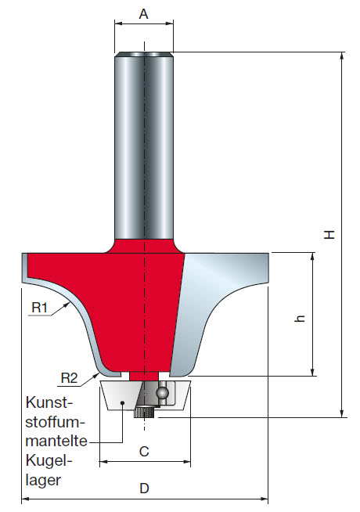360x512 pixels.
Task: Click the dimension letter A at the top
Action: pyautogui.click(x=144, y=13)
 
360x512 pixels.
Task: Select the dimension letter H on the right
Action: pyautogui.click(x=330, y=233)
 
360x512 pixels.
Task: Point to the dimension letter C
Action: pyautogui.click(x=144, y=451)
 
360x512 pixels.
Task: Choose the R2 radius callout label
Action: pyautogui.click(x=70, y=378)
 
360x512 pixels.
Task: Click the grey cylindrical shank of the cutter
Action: pyautogui.click(x=144, y=141)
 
